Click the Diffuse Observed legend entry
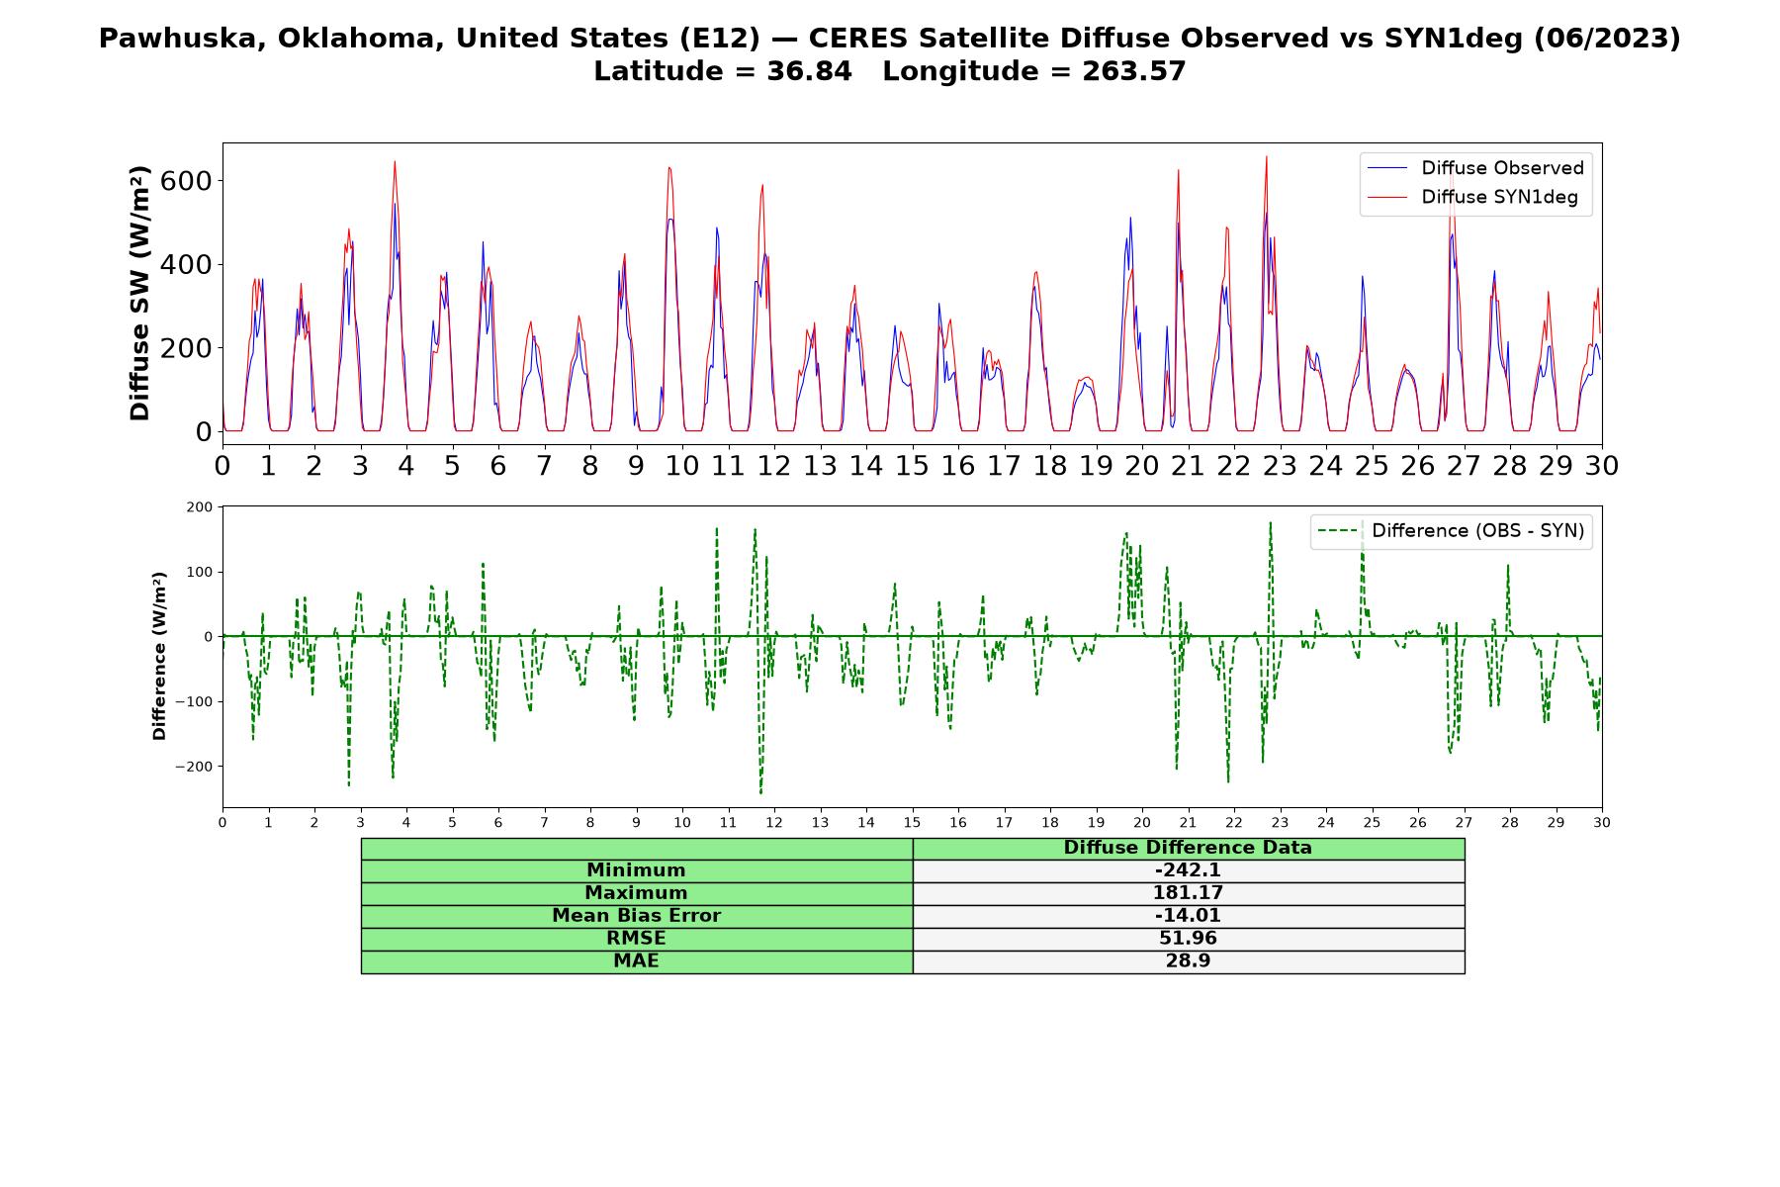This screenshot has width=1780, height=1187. click(1475, 168)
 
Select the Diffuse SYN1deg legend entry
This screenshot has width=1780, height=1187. click(1472, 197)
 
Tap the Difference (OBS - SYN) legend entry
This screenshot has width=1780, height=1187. click(1452, 531)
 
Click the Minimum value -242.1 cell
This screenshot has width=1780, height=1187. click(1188, 870)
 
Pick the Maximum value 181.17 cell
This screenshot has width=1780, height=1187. click(1188, 893)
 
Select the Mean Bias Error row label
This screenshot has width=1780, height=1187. click(636, 916)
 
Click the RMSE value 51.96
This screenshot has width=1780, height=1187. click(1188, 939)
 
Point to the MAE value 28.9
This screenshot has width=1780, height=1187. click(1188, 961)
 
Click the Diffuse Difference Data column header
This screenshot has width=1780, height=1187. click(1188, 848)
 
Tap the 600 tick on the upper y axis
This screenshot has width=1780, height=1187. click(190, 180)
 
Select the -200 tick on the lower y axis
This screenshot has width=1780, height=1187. click(194, 767)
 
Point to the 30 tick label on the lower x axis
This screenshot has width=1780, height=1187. click(1602, 823)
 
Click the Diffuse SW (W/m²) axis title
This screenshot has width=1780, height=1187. click(140, 294)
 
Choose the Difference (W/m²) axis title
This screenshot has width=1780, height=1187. click(159, 656)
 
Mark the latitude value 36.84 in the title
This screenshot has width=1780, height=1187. click(809, 71)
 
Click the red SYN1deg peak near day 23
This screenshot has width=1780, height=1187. click(1266, 156)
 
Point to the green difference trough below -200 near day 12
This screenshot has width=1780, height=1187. click(760, 792)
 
